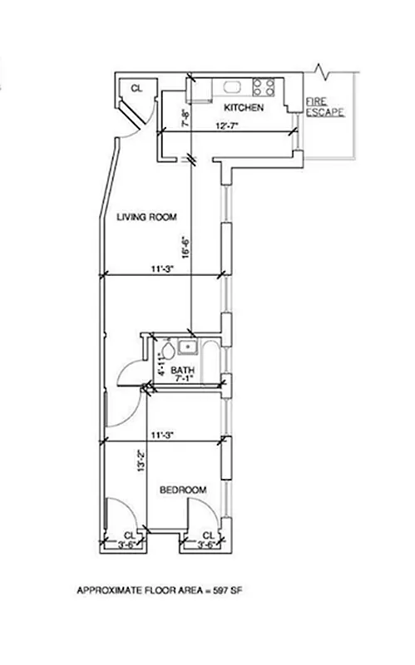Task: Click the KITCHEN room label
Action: click(x=245, y=108)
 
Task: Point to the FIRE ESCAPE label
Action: click(x=325, y=106)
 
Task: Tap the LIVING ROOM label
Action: click(x=149, y=218)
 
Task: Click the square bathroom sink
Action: click(x=189, y=347)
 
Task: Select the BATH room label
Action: click(x=182, y=370)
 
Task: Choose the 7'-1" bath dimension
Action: click(x=182, y=379)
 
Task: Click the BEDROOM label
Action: click(x=182, y=490)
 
